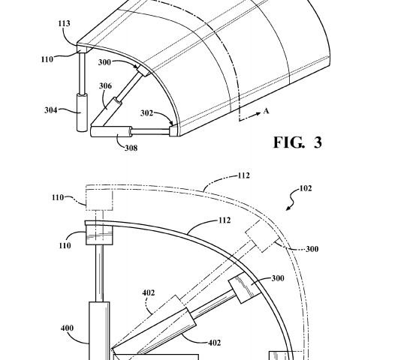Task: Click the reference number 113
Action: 64,23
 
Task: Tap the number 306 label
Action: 105,86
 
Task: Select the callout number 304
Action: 51,110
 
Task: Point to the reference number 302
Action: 146,113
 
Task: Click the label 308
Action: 131,148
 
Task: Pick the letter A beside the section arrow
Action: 266,111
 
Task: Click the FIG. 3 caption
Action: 298,142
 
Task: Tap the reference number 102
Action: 306,188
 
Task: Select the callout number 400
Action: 67,328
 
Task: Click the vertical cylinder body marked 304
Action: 82,112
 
